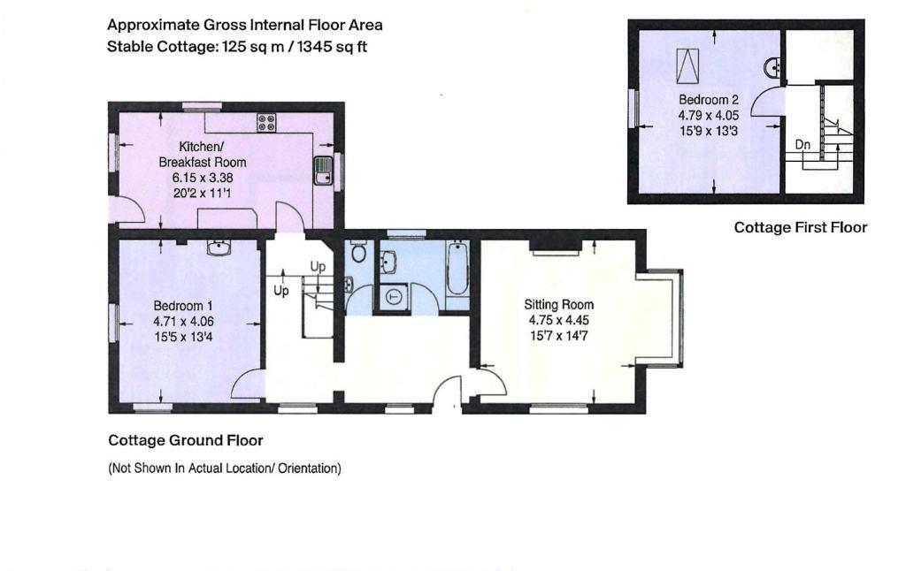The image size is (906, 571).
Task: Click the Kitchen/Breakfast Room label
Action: click(x=203, y=154)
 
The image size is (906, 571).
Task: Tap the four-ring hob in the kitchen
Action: click(x=266, y=122)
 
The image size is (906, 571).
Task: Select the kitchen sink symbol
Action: click(x=323, y=171)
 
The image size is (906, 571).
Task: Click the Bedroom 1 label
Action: click(x=179, y=306)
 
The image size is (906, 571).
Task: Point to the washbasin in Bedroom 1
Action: click(x=219, y=248)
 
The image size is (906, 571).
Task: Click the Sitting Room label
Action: click(x=559, y=304)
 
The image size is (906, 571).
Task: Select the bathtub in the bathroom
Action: click(x=457, y=270)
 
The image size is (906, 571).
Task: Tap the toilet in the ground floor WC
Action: click(x=359, y=252)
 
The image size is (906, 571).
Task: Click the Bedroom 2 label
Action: click(x=709, y=99)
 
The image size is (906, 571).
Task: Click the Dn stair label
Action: click(x=802, y=144)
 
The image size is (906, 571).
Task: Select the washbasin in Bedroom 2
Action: click(x=773, y=68)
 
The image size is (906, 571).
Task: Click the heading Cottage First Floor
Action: click(x=800, y=227)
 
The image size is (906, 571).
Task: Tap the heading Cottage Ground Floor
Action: click(x=186, y=440)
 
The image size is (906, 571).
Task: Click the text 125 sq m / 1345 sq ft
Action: click(x=295, y=47)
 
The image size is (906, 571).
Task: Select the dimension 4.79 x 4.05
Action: click(x=709, y=115)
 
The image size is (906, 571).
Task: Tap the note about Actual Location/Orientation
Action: click(x=225, y=468)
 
